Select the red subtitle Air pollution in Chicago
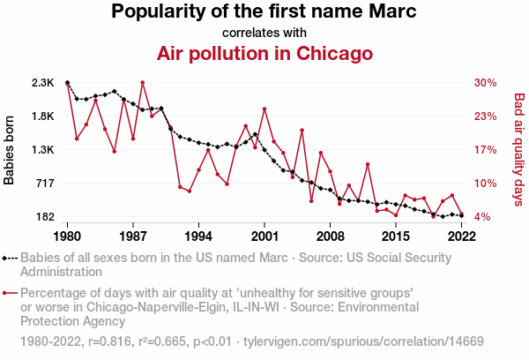point(264,54)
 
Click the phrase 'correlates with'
point(264,33)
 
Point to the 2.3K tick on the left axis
point(43,83)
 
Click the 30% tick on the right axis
point(486,83)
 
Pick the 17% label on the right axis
point(486,150)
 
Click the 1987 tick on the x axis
point(133,236)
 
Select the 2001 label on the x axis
point(264,236)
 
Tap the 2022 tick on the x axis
point(461,236)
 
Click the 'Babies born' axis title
point(10,150)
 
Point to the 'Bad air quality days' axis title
point(519,150)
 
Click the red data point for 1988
point(142,83)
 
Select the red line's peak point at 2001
point(264,109)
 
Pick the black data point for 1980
point(68,83)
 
